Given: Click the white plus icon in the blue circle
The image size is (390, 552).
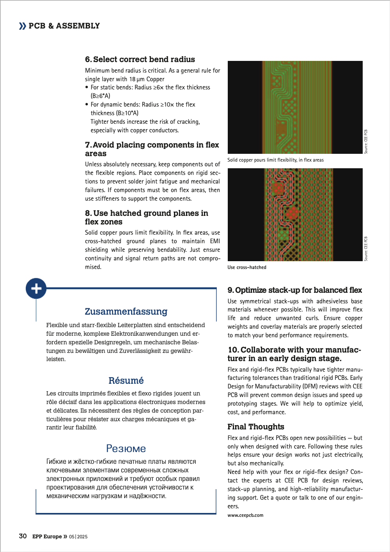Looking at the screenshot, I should point(36,288).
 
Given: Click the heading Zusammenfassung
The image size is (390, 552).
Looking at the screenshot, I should point(126,312).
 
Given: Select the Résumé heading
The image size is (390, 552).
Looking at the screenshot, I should point(126,381).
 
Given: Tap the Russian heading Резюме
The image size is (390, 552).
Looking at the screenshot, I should point(126,449).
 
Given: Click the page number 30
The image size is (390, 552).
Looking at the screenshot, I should point(23,536).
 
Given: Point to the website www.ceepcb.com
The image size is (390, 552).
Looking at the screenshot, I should point(245,515).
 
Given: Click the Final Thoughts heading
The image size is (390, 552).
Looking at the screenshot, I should point(256,427).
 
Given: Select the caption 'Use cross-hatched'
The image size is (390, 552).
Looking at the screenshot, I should point(247,267).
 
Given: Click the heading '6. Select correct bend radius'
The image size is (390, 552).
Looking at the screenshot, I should point(140,59).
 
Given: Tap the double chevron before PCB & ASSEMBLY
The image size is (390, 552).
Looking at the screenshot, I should point(23,26).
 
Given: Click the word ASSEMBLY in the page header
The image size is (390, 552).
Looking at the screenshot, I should point(78,26).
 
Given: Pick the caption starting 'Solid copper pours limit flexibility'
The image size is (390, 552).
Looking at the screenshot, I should point(275,160).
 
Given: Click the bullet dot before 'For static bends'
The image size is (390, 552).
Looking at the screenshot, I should point(87,87).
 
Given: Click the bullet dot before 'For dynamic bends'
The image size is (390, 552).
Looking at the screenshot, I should point(87,104).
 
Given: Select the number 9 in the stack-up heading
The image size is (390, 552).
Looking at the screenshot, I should point(230,290).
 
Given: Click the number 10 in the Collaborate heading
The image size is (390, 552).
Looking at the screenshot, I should point(233,350).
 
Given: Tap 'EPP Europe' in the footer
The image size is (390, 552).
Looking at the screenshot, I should point(47,536).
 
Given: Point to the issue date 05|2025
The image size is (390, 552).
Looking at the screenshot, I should point(78,537).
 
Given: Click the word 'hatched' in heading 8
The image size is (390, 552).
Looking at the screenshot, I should point(126,213).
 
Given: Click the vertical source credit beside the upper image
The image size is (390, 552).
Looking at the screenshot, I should point(366,141).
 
